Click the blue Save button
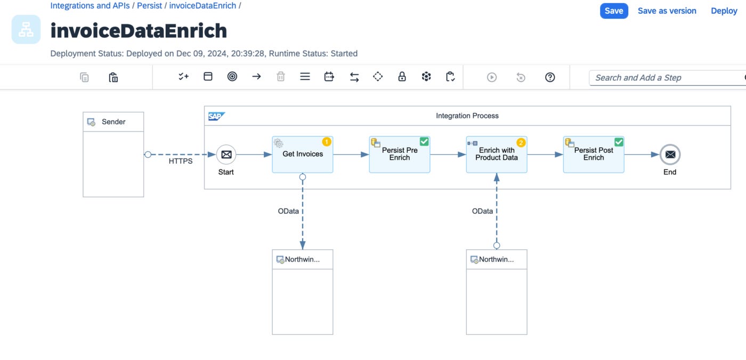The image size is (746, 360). click(614, 11)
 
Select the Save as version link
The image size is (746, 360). click(667, 11)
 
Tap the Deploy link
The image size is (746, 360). click(724, 11)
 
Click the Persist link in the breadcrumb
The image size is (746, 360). click(150, 6)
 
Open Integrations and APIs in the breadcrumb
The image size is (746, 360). click(90, 6)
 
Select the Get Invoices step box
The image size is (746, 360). click(303, 154)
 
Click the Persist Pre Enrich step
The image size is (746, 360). click(399, 154)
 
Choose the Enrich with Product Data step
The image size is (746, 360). click(497, 154)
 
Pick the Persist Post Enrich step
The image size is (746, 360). click(594, 154)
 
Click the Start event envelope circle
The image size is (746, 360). click(226, 154)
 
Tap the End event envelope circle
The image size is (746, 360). click(670, 154)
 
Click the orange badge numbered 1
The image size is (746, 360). click(326, 142)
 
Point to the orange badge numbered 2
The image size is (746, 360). click(521, 143)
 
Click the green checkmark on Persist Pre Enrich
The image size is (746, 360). click(424, 142)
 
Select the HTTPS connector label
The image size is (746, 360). click(181, 161)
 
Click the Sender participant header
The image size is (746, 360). click(113, 122)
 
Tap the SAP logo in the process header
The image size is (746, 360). click(216, 116)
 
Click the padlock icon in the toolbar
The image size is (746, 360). click(402, 77)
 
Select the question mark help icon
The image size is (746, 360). click(550, 77)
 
